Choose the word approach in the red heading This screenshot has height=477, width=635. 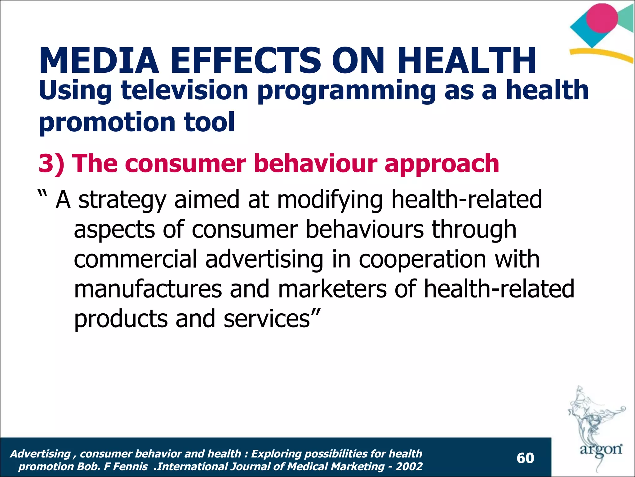coord(442,164)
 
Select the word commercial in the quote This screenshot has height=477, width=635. coord(135,259)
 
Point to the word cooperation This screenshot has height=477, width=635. coord(422,259)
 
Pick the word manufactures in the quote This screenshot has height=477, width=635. coord(148,289)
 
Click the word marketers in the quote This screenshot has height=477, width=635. coord(332,289)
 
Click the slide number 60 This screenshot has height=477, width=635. coord(525,458)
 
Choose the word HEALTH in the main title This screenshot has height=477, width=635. coord(468,61)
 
